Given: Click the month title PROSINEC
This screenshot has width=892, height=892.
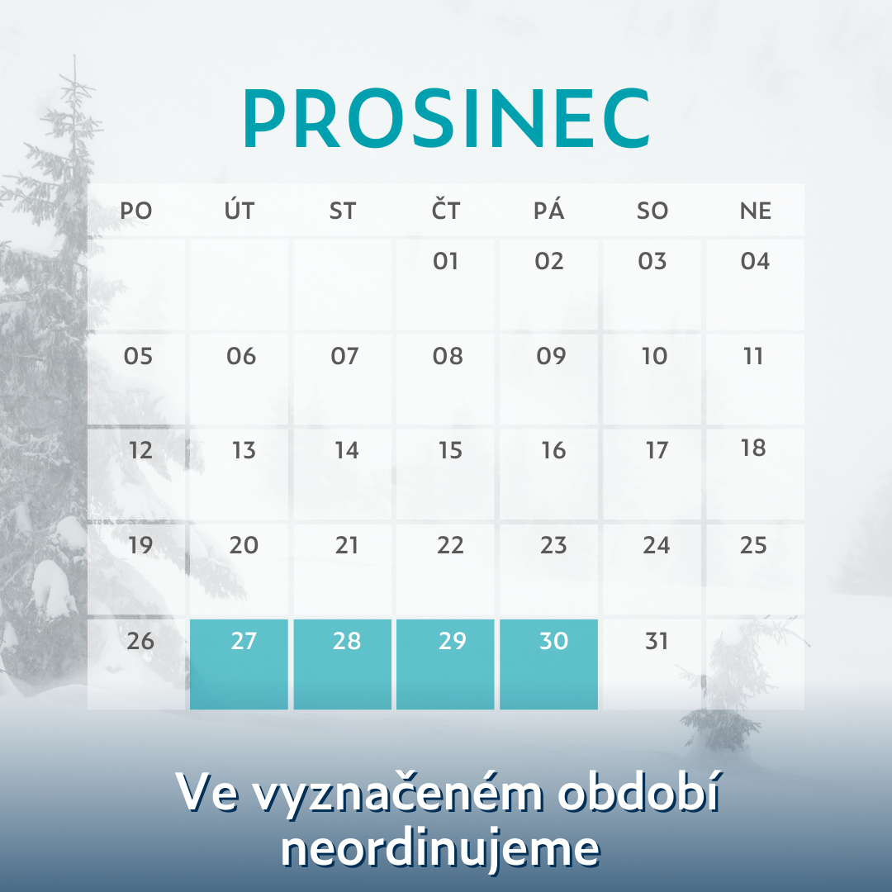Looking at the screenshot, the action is coord(447,118).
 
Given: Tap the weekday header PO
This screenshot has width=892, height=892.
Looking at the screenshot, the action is coord(136,211).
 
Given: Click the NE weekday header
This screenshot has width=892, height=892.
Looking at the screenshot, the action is coord(756,211).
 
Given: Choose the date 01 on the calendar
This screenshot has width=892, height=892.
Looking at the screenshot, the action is coord(445,261).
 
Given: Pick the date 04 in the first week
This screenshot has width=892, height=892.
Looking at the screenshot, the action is coord(755,261).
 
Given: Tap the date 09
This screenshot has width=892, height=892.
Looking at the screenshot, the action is coord(551,356).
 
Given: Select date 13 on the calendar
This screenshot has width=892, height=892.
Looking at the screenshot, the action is coord(244,451).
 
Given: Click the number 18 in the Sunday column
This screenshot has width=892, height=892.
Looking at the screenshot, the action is coord(753,448).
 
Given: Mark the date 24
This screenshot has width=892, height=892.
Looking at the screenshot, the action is coord(656,546).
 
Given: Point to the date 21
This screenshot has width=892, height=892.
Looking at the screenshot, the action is coord(346,546).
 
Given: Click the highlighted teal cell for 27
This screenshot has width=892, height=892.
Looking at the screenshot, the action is coord(239,664).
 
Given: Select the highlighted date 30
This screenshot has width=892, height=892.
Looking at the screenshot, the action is coord(549,664).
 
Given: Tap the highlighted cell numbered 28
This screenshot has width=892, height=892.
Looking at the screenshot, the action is coord(343,664).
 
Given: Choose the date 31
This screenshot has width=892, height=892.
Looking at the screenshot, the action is coord(656,641).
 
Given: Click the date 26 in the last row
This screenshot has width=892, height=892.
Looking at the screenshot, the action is coord(140,641).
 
